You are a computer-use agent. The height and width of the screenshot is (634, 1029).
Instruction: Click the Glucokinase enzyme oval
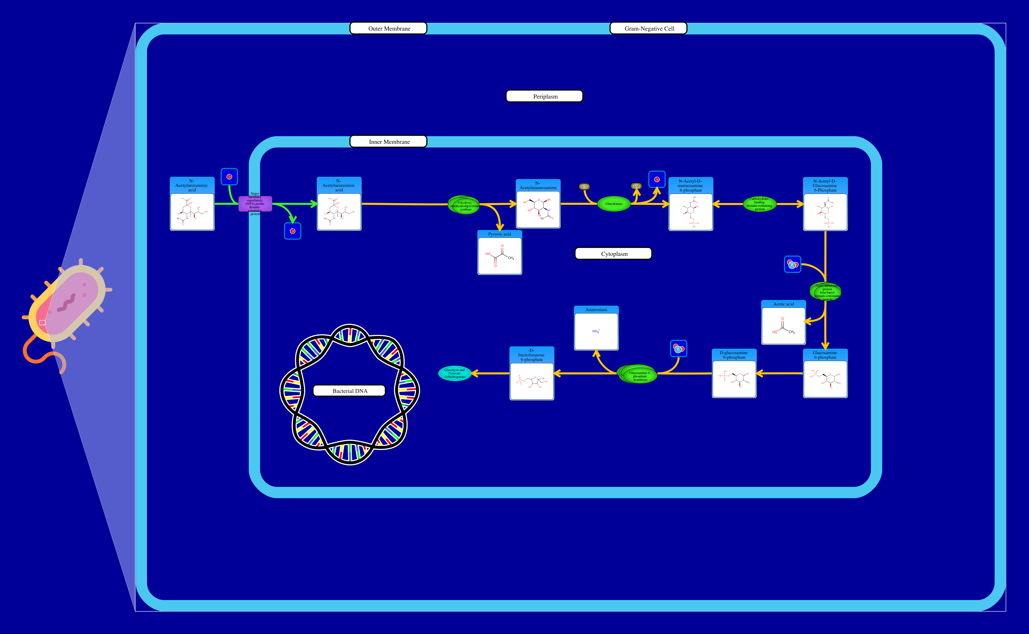[614, 204]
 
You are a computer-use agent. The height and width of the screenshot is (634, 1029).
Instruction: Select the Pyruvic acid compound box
[500, 252]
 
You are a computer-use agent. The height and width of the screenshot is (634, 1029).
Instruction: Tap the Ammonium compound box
[596, 328]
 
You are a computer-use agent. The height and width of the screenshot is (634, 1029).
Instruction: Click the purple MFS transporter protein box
[255, 204]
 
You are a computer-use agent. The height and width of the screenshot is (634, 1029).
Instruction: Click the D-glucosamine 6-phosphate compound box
[734, 373]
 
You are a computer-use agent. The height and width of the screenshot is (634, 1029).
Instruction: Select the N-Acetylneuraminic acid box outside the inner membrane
[192, 204]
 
